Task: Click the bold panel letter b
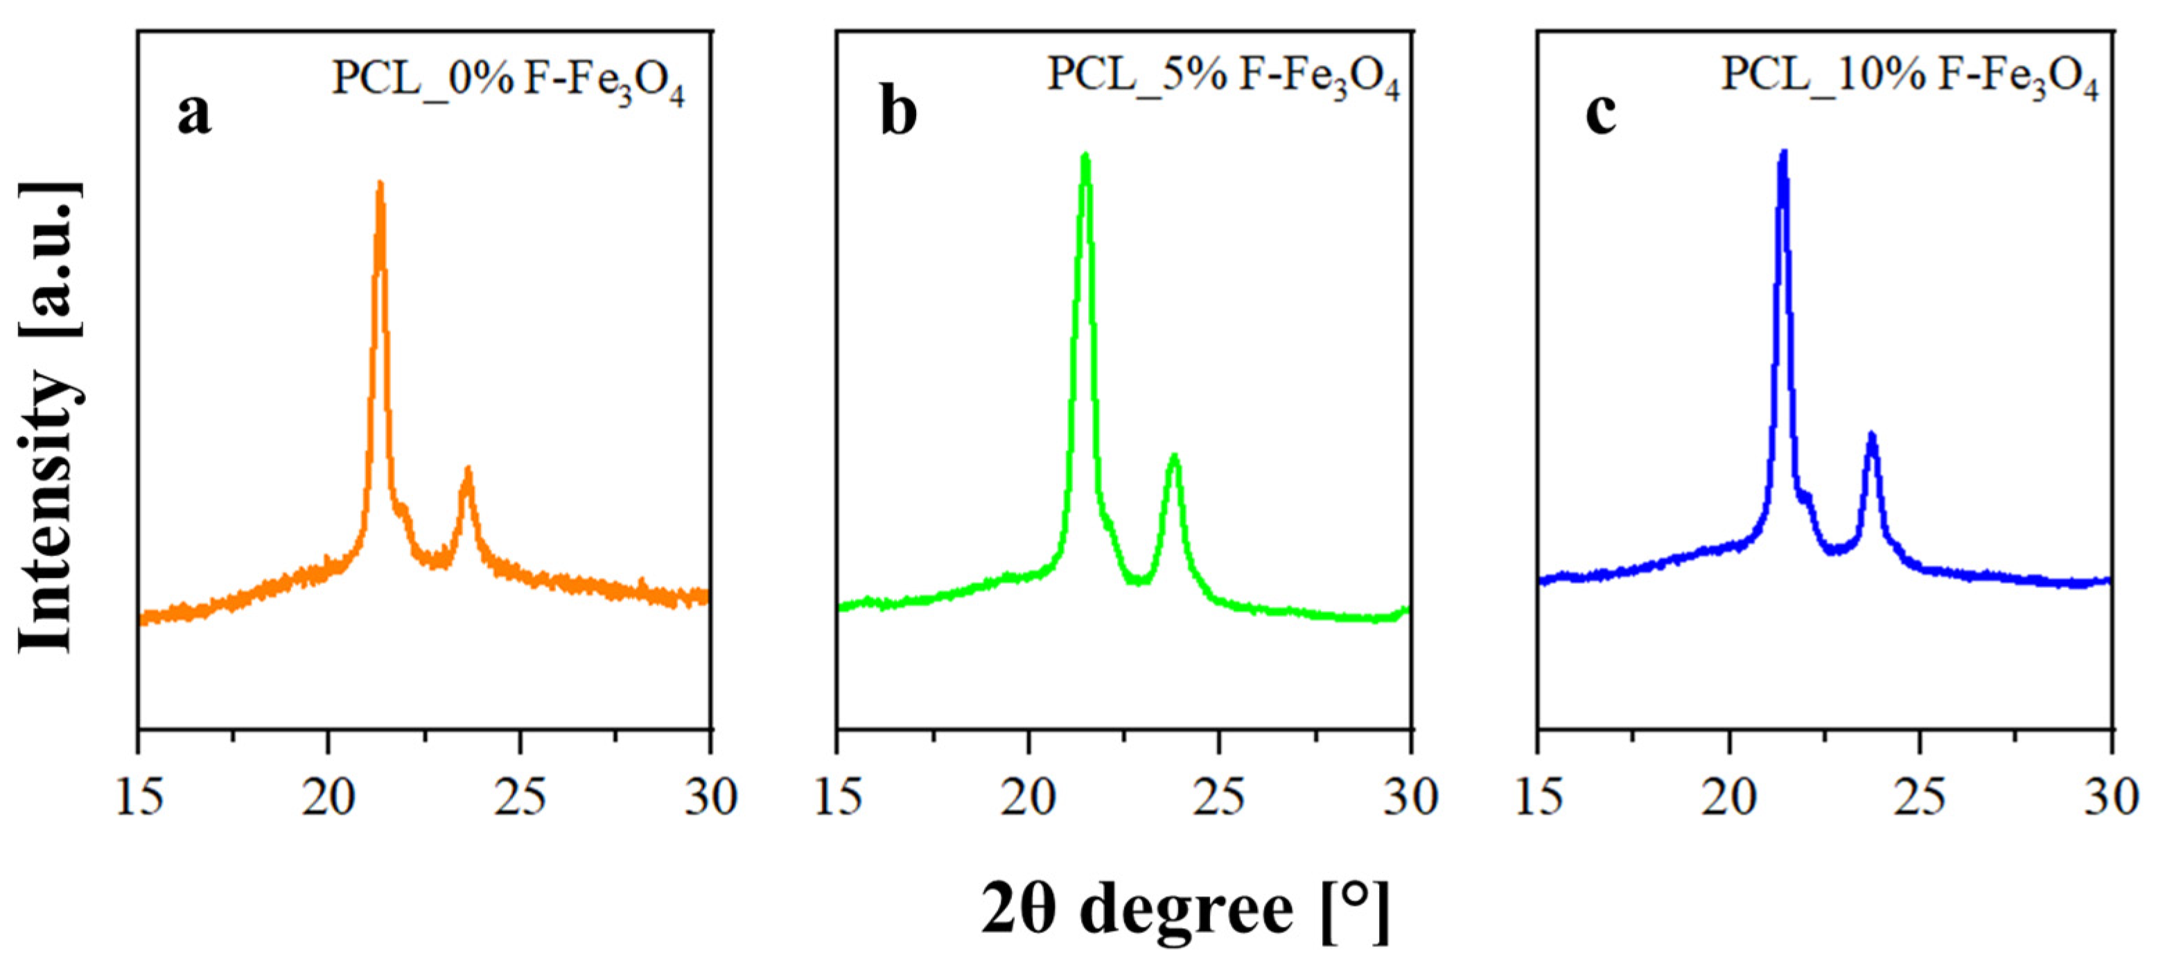897,114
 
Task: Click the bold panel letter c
1600,114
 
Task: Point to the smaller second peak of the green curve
1174,458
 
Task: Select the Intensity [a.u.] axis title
51,416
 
